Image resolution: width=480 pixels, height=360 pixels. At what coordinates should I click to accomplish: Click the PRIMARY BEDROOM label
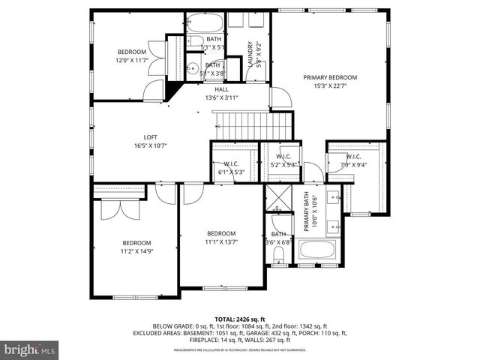(x=330, y=77)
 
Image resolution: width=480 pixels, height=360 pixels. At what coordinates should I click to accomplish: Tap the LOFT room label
(x=151, y=136)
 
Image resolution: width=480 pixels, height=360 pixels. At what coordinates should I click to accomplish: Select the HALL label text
(x=221, y=89)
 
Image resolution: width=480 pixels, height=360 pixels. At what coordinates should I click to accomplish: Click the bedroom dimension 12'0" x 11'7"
(x=130, y=60)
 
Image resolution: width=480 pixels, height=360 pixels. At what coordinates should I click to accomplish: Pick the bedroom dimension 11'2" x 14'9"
(x=137, y=251)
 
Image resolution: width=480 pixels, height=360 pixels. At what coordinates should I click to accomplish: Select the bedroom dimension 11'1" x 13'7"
(x=221, y=241)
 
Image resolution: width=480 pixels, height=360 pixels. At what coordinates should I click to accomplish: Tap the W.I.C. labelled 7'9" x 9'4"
(x=353, y=165)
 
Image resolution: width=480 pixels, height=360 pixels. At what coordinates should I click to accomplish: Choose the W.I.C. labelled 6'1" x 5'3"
(x=231, y=172)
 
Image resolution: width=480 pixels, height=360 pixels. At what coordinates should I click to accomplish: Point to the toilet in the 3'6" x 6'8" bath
(x=279, y=259)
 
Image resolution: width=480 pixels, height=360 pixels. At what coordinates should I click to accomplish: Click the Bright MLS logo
(x=30, y=349)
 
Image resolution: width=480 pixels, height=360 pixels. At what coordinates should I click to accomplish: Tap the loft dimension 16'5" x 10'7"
(x=151, y=145)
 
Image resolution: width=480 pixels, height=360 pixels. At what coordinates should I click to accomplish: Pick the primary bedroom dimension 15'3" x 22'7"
(x=330, y=85)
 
